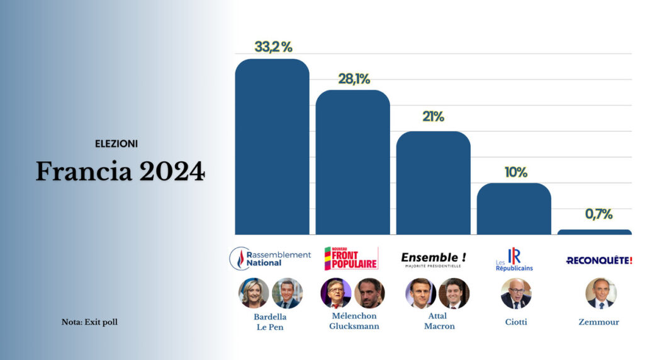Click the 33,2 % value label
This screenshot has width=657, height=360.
pos(273,47)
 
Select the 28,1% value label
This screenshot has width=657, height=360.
pos(354,79)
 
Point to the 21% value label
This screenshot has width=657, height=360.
pos(433,116)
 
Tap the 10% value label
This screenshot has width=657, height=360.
pos(515,172)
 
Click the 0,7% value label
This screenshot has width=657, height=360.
pos(598,214)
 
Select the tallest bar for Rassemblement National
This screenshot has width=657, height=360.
pos(272,148)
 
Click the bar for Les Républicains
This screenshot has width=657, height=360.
pos(514,209)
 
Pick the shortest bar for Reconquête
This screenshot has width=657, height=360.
pos(594,232)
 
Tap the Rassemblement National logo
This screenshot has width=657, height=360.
pos(270,258)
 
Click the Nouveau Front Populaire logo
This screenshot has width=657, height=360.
pos(351,258)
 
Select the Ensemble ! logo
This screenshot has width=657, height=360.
pos(434,259)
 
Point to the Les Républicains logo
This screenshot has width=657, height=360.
pos(513,260)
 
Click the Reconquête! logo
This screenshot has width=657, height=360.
pos(599,260)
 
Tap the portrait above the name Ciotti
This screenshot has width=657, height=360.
pos(516,293)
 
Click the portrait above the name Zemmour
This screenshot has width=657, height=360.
pos(600,293)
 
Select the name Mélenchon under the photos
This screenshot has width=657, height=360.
pos(353,316)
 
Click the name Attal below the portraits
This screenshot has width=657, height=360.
pos(437,316)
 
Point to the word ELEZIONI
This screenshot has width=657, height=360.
pos(116,144)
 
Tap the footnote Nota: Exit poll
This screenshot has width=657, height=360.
pos(89,322)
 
